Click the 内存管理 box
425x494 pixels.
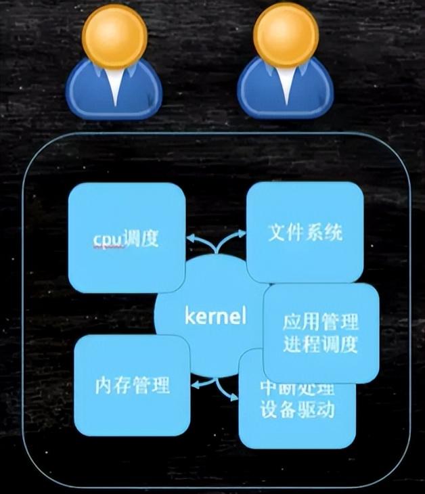point(131,386)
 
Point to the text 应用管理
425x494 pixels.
point(321,321)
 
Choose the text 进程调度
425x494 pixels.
point(321,344)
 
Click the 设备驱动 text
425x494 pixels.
point(297,409)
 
